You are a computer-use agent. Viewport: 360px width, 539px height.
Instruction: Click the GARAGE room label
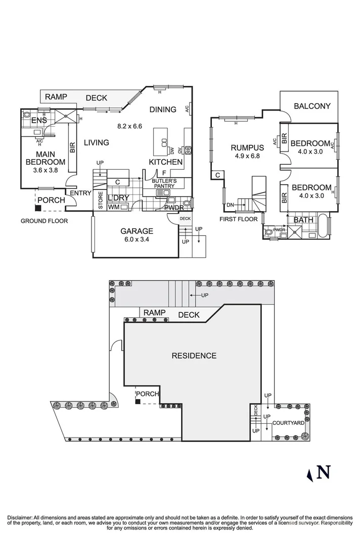(x=137, y=231)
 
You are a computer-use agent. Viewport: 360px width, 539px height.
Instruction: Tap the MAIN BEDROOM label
(x=46, y=158)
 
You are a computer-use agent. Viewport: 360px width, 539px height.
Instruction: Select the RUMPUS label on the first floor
(x=247, y=148)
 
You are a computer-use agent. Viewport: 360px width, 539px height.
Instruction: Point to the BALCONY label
(x=312, y=106)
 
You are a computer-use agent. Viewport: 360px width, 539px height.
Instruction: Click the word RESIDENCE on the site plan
(x=194, y=356)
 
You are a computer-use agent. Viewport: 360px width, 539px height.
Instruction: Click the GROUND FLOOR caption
(x=44, y=221)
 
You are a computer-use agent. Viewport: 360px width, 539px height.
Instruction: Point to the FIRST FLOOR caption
(x=239, y=219)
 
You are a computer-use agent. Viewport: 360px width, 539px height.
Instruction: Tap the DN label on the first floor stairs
(x=230, y=205)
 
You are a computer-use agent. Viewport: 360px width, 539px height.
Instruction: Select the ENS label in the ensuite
(x=39, y=121)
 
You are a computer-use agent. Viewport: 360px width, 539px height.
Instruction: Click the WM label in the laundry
(x=113, y=207)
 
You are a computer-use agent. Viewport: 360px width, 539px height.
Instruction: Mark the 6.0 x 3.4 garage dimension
(x=137, y=240)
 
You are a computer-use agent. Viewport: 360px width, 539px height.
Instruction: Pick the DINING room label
(x=163, y=110)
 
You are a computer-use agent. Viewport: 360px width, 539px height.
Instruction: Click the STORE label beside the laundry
(x=100, y=200)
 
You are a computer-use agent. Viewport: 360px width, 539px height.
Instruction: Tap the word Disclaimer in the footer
(x=20, y=518)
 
